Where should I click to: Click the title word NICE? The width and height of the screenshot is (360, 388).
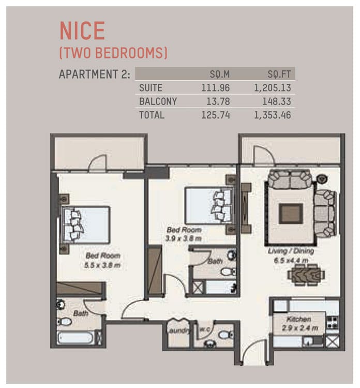click(82, 31)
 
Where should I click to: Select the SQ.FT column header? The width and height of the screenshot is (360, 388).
click(279, 74)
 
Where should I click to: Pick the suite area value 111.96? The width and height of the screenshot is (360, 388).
click(215, 88)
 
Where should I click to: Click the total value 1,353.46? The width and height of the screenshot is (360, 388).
click(273, 115)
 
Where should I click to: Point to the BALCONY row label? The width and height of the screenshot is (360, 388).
click(158, 101)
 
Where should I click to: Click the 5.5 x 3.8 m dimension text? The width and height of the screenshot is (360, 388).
click(102, 265)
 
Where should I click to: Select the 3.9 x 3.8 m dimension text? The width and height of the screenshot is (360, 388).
click(183, 238)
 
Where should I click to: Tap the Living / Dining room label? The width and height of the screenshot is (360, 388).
click(291, 251)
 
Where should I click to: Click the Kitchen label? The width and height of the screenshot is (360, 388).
click(298, 319)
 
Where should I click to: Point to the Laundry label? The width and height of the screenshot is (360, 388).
click(178, 331)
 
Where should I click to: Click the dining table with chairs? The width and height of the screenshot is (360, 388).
click(306, 275)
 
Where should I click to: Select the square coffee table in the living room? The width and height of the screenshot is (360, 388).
click(291, 214)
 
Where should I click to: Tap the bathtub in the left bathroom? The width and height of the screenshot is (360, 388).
click(76, 338)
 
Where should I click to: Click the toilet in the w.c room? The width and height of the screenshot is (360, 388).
click(226, 335)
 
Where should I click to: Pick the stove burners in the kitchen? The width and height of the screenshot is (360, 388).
click(332, 323)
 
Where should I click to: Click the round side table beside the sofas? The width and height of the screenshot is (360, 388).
click(322, 178)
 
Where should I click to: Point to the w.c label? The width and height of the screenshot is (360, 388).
click(205, 330)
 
